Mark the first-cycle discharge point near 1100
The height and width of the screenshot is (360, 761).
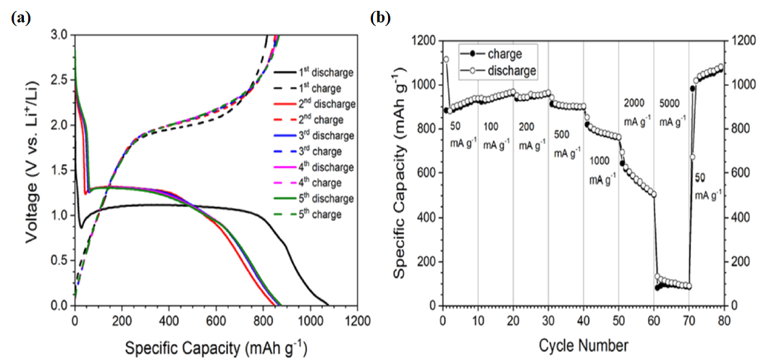coord(446,59)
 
